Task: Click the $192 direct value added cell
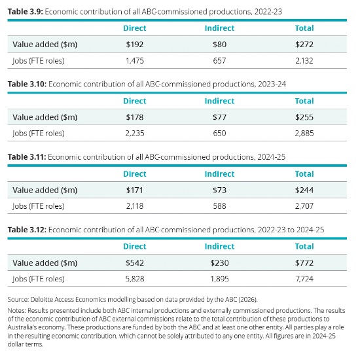point(135,45)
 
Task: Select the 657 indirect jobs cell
point(219,61)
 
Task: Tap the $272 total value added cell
point(304,45)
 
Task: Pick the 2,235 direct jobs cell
point(135,133)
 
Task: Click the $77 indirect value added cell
point(219,117)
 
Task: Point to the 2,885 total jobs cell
point(304,133)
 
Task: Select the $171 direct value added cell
point(135,190)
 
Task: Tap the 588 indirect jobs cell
point(219,206)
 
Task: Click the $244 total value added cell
point(304,190)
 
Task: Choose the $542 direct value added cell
point(135,263)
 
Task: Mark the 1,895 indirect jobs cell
point(219,279)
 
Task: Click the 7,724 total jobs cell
point(304,279)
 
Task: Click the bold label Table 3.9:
point(26,12)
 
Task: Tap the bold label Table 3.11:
point(27,157)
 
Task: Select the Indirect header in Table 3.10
point(219,101)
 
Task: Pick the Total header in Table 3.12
point(304,246)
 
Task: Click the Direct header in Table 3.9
point(135,28)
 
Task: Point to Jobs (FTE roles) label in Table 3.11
point(39,206)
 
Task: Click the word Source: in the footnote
point(18,299)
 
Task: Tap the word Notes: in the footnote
point(17,310)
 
